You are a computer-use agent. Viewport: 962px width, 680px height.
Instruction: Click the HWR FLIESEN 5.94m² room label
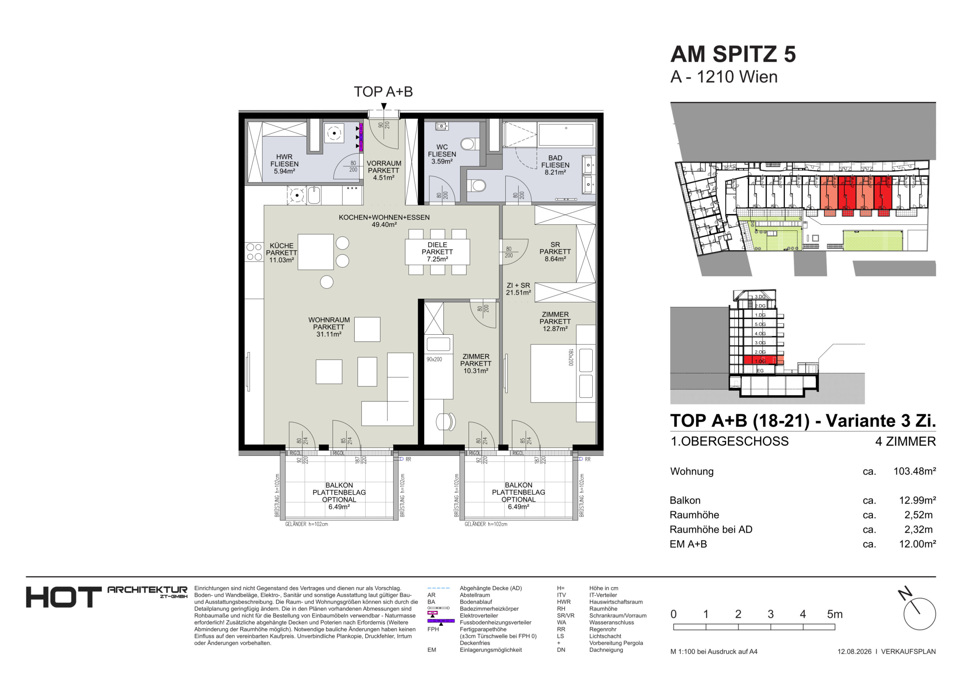pos(284,164)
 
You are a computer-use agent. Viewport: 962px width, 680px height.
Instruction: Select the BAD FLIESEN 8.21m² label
pos(555,165)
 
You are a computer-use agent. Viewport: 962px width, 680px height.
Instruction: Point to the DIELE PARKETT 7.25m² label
pos(437,252)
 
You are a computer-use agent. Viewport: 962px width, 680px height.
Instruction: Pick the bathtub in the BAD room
pos(566,134)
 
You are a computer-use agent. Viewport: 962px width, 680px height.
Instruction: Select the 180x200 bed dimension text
pos(571,357)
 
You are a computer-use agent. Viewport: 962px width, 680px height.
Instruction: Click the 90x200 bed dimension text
pos(434,360)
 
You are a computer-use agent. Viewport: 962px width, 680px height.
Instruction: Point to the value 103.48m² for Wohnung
pos(915,471)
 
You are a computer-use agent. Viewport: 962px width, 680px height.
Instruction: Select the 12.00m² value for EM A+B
pos(918,544)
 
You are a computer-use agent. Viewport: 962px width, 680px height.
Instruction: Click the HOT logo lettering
pos(64,598)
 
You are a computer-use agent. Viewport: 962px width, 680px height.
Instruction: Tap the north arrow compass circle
pos(920,614)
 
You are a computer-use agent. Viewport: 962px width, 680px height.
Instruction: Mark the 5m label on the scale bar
pos(835,614)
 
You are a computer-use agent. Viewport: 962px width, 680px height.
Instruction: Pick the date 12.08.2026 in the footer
pos(854,652)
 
